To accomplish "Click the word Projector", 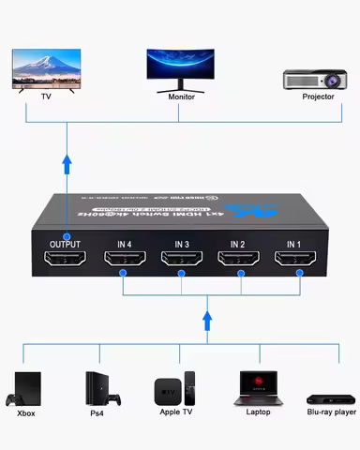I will [x=318, y=97].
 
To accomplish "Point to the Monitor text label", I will [x=181, y=97].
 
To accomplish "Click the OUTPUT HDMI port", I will [x=65, y=263].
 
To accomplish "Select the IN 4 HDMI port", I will [x=125, y=263].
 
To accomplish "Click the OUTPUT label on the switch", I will [x=65, y=244].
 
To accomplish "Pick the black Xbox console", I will [x=27, y=386].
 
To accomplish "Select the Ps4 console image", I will [x=97, y=386].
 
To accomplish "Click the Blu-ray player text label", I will [x=331, y=412].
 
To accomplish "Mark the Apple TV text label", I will [x=176, y=412].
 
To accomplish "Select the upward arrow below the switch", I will [x=206, y=322].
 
